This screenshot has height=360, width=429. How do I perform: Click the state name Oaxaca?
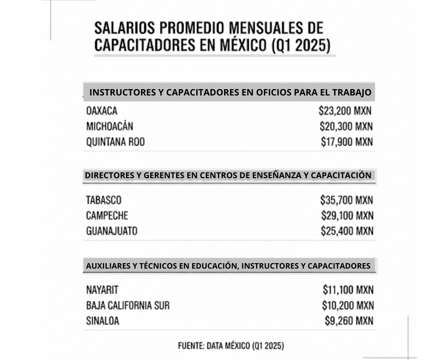point(102,111)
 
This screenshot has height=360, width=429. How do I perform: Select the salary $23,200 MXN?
point(345,111)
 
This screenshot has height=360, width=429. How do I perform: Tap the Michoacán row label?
point(110,127)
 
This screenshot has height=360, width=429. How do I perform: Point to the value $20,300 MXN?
point(346,127)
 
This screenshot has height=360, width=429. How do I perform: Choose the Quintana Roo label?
point(115,142)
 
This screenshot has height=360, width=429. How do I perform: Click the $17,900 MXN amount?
point(346,142)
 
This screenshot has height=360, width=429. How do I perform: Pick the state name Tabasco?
point(104,200)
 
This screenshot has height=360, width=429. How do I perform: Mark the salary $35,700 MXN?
point(346,200)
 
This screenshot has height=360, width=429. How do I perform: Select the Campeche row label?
point(107,216)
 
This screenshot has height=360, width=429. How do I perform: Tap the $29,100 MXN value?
point(346,216)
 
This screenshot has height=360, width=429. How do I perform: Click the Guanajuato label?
point(111,231)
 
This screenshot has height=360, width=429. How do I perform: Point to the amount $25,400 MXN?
point(346,231)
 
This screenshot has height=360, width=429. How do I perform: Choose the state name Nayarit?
point(102,290)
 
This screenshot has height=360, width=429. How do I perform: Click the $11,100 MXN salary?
point(348,290)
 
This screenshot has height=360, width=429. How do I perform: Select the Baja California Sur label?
point(127,306)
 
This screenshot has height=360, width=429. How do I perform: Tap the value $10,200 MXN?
point(347,306)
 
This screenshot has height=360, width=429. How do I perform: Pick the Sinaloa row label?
point(102,321)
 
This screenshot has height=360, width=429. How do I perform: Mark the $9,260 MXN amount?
point(349,321)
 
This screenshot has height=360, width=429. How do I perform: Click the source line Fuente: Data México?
point(230,346)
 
